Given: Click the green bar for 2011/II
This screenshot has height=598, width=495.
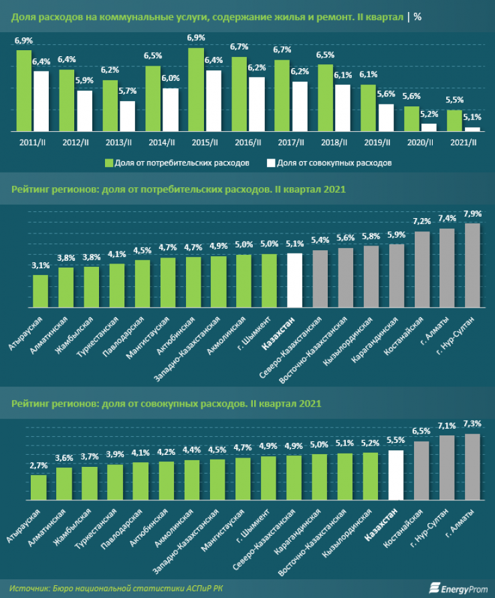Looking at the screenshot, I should click(x=24, y=90).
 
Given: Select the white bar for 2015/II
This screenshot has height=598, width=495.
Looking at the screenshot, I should click(x=213, y=100).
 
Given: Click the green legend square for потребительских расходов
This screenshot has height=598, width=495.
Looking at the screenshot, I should click(x=108, y=163).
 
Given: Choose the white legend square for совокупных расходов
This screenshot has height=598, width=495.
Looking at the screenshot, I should click(x=270, y=163).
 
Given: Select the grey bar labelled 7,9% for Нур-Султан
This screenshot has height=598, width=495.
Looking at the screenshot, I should click(x=472, y=264).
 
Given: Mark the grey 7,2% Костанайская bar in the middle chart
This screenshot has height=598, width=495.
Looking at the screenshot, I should click(x=421, y=268).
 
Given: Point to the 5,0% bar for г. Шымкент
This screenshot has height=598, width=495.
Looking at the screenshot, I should click(x=269, y=280).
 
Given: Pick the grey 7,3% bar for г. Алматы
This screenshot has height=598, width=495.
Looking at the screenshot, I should click(x=472, y=467).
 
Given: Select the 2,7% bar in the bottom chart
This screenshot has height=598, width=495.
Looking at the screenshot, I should click(x=39, y=487).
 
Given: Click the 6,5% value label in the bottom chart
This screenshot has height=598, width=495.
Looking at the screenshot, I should click(x=421, y=431).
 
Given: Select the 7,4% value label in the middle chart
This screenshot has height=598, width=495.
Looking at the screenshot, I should click(x=447, y=219).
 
